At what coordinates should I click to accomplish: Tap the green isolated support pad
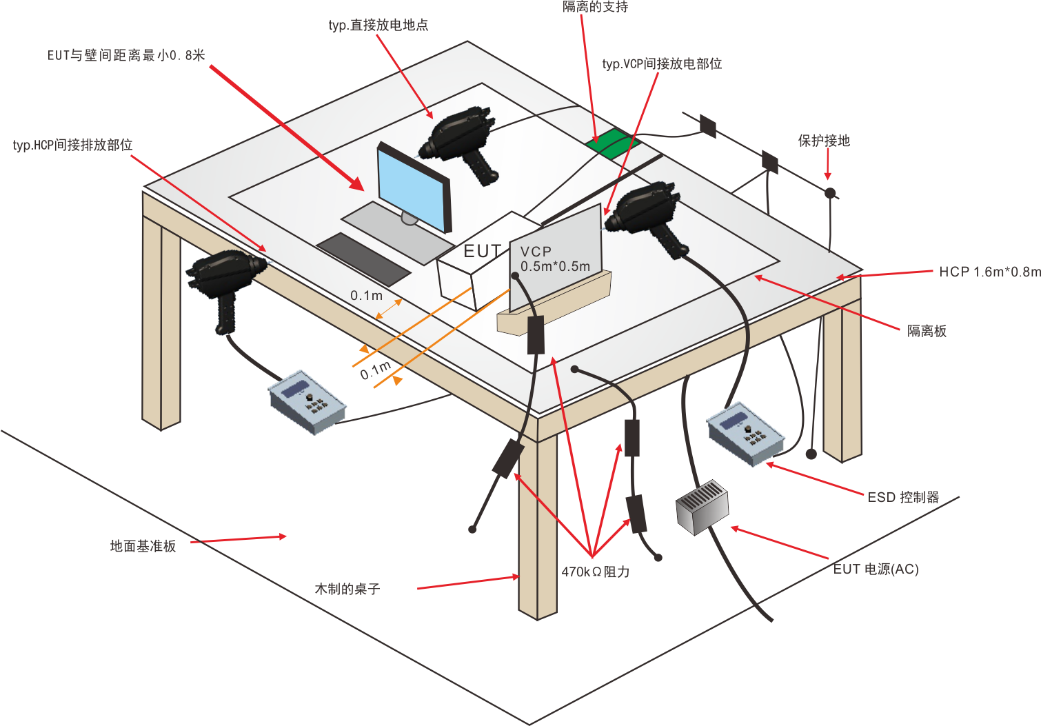click(611, 143)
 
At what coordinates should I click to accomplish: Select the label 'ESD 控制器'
click(902, 497)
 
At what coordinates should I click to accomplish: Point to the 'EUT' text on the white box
click(482, 252)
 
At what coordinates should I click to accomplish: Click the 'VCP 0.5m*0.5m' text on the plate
click(554, 259)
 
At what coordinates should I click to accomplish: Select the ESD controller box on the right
click(747, 432)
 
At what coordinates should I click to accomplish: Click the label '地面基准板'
click(143, 546)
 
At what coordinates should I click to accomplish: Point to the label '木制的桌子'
click(347, 589)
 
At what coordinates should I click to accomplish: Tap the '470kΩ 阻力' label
click(595, 572)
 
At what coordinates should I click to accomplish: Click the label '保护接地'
click(824, 141)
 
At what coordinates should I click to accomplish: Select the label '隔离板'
click(927, 331)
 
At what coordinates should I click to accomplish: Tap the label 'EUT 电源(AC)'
click(876, 569)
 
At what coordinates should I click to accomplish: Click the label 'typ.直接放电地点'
click(378, 26)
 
